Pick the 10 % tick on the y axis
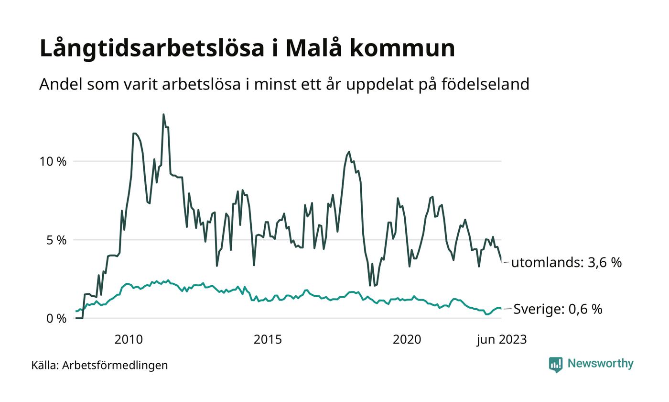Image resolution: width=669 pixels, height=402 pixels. pyautogui.click(x=53, y=161)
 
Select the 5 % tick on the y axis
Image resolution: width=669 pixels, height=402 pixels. pyautogui.click(x=56, y=240)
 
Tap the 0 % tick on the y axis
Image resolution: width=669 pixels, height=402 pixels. pyautogui.click(x=56, y=318)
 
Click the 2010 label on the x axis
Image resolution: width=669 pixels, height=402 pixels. pyautogui.click(x=129, y=340)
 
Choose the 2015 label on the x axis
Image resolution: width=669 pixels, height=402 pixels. pyautogui.click(x=268, y=340)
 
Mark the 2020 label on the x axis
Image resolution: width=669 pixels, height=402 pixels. pyautogui.click(x=407, y=340)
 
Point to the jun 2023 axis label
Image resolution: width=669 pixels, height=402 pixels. pyautogui.click(x=501, y=340)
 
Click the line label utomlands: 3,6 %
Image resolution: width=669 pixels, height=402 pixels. pyautogui.click(x=566, y=262)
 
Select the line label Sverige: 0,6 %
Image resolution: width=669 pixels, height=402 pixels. pyautogui.click(x=558, y=309)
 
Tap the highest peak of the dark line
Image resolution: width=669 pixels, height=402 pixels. pyautogui.click(x=163, y=114)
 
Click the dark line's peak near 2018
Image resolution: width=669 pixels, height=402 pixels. pyautogui.click(x=349, y=152)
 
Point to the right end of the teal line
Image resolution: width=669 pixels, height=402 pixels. pyautogui.click(x=501, y=309)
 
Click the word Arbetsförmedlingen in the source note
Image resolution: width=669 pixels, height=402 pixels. pyautogui.click(x=115, y=365)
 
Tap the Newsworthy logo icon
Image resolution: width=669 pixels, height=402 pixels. pyautogui.click(x=556, y=365)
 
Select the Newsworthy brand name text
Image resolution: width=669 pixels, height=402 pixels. pyautogui.click(x=601, y=364)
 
